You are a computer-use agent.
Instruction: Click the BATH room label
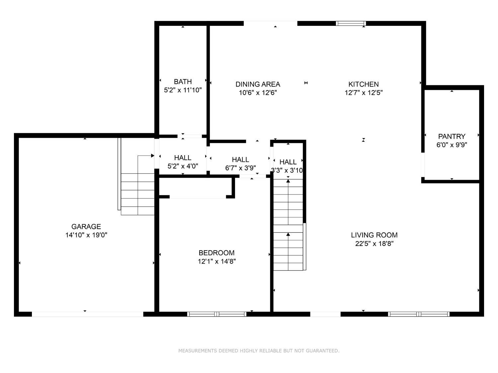pos(183,82)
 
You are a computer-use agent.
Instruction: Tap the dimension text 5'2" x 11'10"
pos(183,90)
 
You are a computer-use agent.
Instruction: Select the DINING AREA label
pos(258,84)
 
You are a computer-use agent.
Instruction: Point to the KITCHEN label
pos(364,84)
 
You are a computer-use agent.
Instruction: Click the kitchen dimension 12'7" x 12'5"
pos(364,93)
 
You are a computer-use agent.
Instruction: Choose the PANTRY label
pos(452,136)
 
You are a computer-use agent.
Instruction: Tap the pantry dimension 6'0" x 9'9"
pos(452,145)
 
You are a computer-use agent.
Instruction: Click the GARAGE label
pos(86,226)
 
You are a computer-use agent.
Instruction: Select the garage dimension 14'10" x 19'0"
pos(86,235)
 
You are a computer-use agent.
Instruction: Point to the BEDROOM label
pos(216,253)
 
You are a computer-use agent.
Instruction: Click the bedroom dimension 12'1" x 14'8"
pos(216,261)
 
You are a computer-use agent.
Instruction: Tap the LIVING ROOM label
pos(374,235)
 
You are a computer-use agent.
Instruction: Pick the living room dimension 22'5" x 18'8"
pos(374,244)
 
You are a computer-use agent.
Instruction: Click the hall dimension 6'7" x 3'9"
pos(240,168)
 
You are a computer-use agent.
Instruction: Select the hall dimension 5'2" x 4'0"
pos(183,166)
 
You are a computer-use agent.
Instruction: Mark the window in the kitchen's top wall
pos(351,23)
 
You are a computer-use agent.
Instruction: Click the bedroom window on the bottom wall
pos(216,314)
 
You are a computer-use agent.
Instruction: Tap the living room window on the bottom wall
pos(419,314)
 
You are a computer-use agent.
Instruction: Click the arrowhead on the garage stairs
pos(153,155)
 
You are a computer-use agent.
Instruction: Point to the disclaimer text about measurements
pos(259,351)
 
